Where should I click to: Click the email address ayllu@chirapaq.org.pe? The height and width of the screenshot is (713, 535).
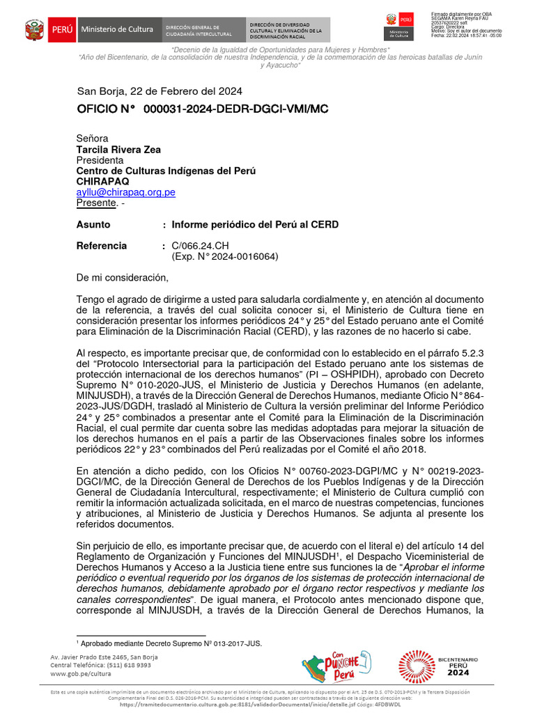[125, 192]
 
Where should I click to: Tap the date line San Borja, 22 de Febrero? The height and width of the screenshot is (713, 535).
[160, 91]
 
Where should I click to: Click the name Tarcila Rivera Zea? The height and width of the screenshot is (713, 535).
[118, 150]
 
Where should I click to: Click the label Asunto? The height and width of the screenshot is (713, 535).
[93, 225]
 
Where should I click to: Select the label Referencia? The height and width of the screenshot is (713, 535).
[102, 246]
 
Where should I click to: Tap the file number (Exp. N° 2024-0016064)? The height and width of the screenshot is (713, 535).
[224, 256]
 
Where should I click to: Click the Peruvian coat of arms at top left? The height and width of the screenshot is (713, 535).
[34, 30]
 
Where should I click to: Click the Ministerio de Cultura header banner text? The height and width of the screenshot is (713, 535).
[117, 30]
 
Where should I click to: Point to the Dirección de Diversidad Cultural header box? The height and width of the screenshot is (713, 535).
[287, 30]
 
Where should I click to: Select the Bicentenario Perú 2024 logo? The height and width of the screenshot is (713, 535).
[439, 666]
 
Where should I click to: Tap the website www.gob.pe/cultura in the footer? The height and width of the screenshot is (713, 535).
[81, 674]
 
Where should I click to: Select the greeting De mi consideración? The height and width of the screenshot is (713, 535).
[123, 278]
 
